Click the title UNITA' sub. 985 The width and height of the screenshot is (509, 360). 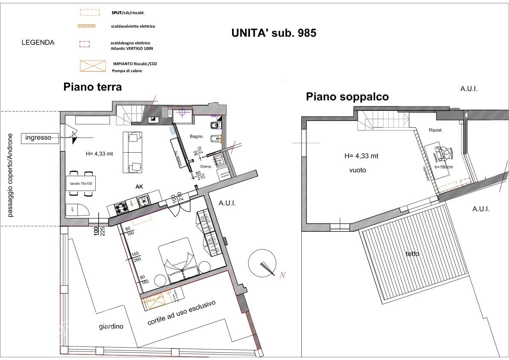click(x=274, y=33)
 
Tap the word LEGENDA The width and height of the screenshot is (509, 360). click(x=38, y=43)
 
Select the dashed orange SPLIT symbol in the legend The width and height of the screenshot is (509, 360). click(x=90, y=13)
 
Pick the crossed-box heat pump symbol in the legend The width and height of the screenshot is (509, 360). click(x=93, y=66)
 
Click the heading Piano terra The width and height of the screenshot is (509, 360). click(x=93, y=87)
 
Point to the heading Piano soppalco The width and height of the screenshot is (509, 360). click(x=347, y=97)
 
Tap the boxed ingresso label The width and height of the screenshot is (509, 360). click(x=38, y=138)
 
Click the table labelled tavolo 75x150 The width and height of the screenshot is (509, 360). click(x=81, y=183)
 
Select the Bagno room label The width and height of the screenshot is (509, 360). click(x=196, y=136)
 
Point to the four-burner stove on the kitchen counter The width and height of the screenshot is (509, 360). click(x=121, y=207)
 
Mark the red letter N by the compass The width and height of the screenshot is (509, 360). click(x=282, y=275)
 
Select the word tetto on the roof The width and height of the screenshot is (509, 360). click(x=412, y=254)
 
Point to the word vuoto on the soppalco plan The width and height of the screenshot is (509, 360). click(x=358, y=170)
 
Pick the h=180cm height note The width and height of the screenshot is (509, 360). click(x=443, y=167)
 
